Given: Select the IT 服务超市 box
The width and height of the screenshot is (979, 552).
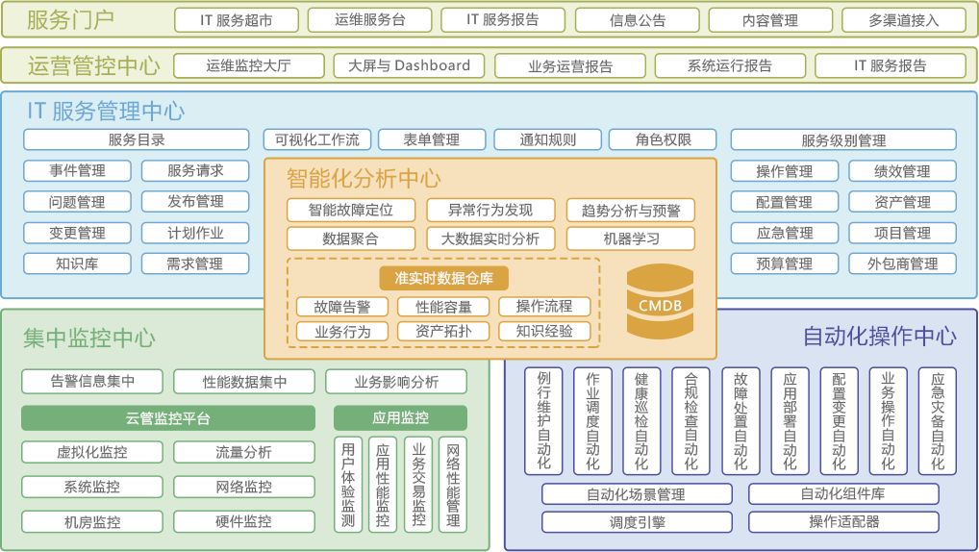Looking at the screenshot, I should coord(236,20).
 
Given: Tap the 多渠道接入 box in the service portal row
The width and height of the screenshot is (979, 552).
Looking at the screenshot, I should coord(902,20).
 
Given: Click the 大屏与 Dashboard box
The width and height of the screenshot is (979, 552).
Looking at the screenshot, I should coord(409,65).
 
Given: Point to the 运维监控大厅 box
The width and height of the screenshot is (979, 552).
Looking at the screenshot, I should coord(248,65).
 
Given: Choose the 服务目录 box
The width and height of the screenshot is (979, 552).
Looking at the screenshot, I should coord(136,139).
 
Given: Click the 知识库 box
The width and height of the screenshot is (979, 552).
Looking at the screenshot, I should coord(77,263).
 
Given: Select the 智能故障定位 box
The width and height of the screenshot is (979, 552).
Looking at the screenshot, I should coord(350,210).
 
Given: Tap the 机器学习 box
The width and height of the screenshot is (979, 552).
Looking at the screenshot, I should coord(631,238).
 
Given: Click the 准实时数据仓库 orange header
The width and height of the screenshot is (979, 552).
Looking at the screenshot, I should coord(443,278).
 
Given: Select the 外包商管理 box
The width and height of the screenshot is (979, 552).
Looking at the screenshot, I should coord(902,263).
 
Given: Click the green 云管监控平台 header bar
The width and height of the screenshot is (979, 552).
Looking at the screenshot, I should coord(167,418).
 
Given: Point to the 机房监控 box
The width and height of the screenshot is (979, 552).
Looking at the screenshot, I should coord(92,522).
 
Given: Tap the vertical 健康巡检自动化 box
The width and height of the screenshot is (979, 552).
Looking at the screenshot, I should coord(641,421).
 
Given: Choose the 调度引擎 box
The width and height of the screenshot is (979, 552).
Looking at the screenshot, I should coord(637,522).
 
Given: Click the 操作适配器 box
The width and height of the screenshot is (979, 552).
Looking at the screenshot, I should coord(843,522).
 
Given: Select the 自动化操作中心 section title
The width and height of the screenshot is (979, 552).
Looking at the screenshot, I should coord(879,336).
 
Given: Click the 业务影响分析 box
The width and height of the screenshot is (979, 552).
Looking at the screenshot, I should coord(396,382).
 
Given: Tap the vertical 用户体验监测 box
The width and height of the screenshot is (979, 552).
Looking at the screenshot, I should coord(347,485).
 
